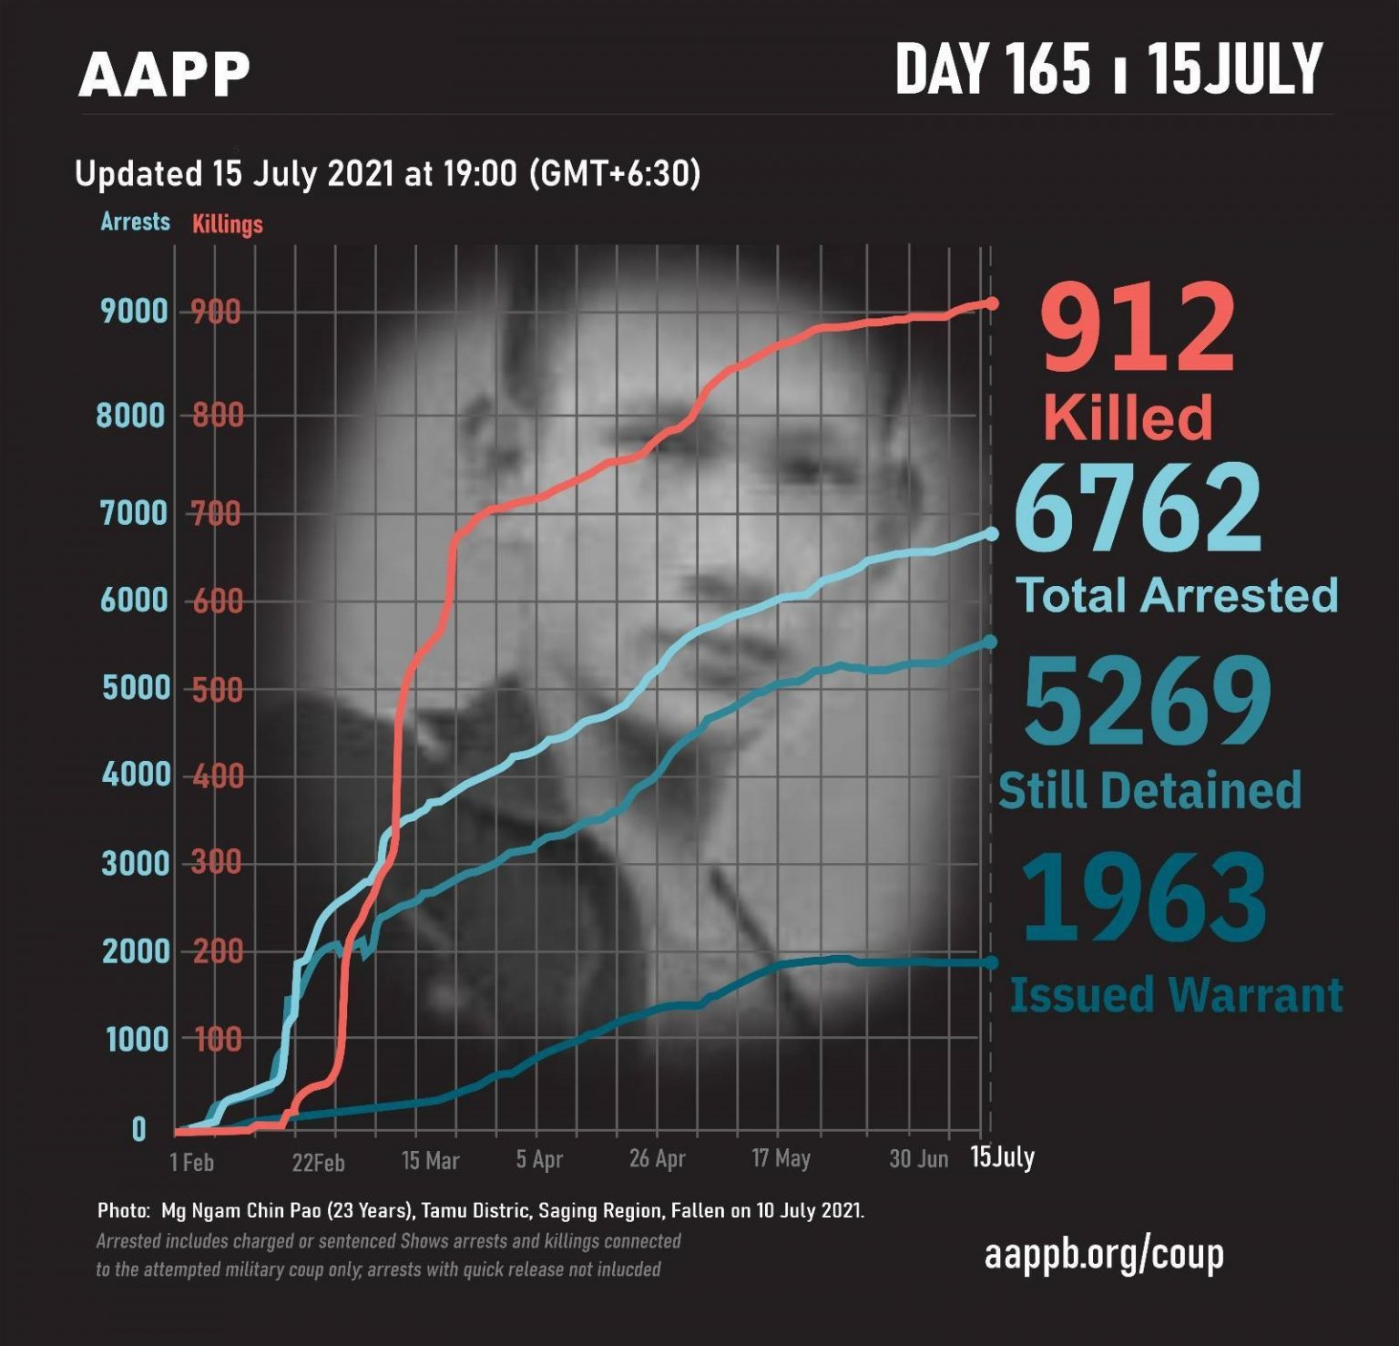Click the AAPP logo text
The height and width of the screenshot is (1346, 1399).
click(164, 74)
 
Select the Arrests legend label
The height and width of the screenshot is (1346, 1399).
click(135, 221)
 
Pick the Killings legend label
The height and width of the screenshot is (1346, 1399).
click(228, 224)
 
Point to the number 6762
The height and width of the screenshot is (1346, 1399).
click(1139, 510)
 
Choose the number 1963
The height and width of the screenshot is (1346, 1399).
click(1144, 897)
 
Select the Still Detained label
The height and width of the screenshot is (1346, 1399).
click(1149, 790)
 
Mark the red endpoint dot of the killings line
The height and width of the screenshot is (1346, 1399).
click(992, 303)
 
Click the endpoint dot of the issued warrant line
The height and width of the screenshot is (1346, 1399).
click(991, 963)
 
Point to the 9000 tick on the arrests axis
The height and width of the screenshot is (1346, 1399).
click(135, 312)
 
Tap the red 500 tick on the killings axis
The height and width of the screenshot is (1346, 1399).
click(217, 690)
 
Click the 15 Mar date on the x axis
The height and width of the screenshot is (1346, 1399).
click(430, 1161)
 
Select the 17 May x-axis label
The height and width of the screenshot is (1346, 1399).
click(781, 1159)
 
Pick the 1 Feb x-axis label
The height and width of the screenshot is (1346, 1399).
click(191, 1162)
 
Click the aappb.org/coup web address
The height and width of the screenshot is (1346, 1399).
click(1104, 1255)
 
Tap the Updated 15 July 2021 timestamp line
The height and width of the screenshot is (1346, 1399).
click(387, 173)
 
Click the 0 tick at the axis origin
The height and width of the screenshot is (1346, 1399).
click(138, 1130)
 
